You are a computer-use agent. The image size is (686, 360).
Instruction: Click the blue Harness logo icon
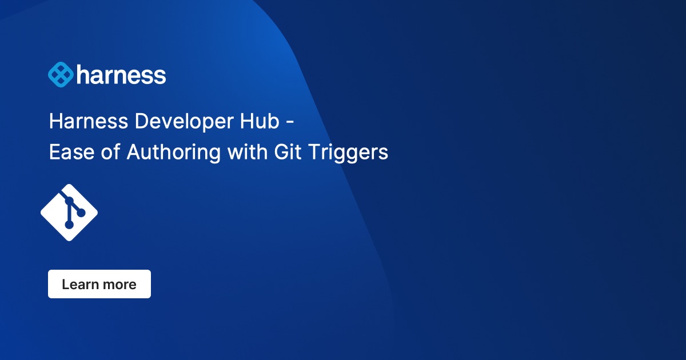[x=61, y=75]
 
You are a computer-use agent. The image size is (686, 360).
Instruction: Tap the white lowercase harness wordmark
[x=121, y=75]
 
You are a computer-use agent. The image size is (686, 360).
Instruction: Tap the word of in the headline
[x=108, y=153]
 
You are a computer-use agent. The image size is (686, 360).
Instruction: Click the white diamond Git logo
[x=69, y=213]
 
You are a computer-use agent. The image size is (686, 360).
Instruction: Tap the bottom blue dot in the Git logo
[x=69, y=225]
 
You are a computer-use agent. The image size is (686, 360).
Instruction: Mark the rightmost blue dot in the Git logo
[x=81, y=213]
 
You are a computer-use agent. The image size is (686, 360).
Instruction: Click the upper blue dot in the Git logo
[x=69, y=201]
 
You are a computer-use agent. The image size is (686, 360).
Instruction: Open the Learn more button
[x=99, y=284]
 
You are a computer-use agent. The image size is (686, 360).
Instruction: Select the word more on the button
[x=119, y=284]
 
